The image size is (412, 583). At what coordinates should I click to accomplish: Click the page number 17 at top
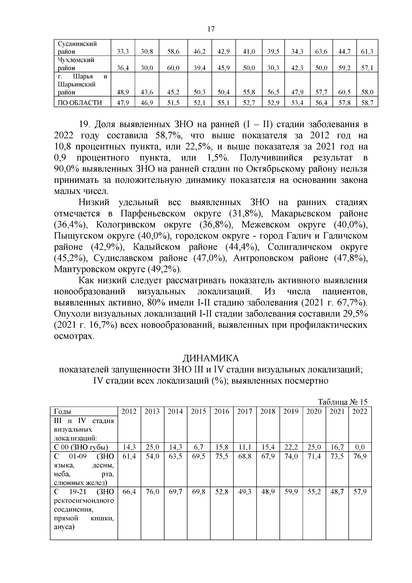click(211, 29)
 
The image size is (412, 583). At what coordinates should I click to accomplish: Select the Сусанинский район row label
click(77, 48)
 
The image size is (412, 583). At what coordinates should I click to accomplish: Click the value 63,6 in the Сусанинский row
click(321, 52)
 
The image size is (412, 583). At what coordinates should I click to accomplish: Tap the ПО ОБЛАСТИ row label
click(80, 102)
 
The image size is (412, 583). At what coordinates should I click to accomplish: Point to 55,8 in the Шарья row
click(249, 92)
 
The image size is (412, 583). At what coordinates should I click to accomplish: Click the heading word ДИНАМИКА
click(210, 358)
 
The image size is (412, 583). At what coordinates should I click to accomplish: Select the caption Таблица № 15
click(343, 402)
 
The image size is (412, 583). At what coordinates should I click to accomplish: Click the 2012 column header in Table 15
click(129, 411)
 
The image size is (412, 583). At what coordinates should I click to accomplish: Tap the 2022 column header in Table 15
click(359, 411)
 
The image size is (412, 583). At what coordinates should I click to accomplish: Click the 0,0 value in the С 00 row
click(359, 447)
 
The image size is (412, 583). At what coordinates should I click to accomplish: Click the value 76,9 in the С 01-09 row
click(359, 456)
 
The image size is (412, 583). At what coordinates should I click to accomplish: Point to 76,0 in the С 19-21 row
click(152, 492)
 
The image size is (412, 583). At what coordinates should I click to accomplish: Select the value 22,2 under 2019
click(290, 447)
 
